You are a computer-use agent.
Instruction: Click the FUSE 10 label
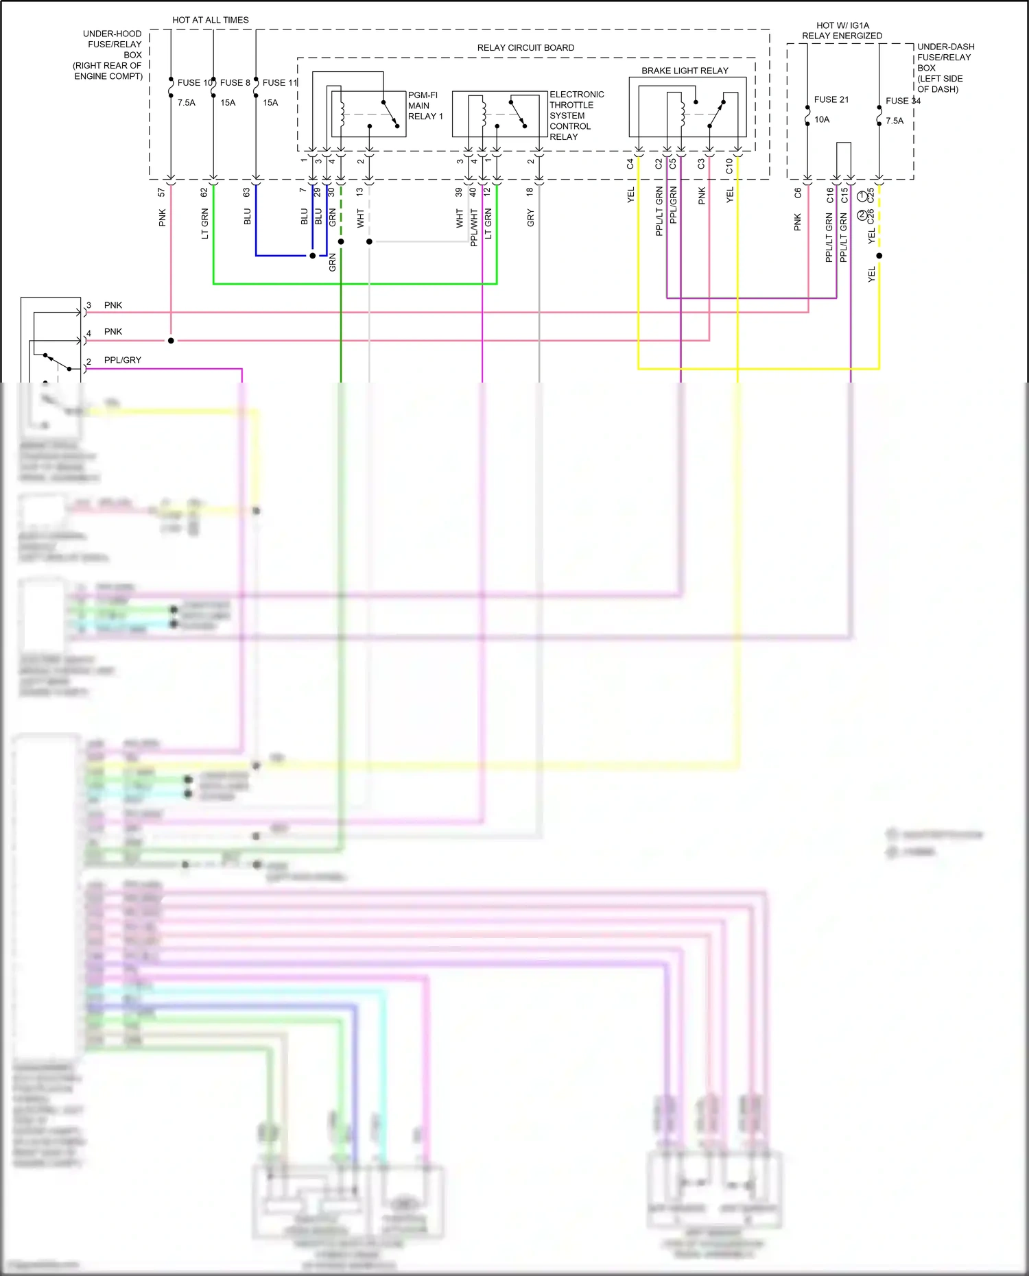[x=195, y=82]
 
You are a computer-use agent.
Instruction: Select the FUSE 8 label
[x=235, y=82]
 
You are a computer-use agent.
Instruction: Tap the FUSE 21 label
[x=831, y=99]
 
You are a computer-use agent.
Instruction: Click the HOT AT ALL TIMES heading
[x=211, y=20]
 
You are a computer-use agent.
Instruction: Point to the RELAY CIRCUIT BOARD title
[x=525, y=47]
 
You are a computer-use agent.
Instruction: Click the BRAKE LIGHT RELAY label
[x=685, y=71]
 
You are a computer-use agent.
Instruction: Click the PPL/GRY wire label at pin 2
[x=122, y=360]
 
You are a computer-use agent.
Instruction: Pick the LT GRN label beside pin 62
[x=204, y=224]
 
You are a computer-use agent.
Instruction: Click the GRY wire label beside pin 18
[x=530, y=219]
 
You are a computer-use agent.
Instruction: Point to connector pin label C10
[x=729, y=165]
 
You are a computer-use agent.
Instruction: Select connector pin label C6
[x=798, y=193]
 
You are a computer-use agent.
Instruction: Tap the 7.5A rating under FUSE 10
[x=186, y=103]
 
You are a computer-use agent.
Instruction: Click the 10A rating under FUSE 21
[x=821, y=119]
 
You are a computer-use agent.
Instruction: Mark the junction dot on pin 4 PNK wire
[x=171, y=341]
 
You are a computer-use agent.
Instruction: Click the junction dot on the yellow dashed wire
[x=879, y=256]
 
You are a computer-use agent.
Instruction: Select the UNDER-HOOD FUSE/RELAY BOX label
[x=110, y=55]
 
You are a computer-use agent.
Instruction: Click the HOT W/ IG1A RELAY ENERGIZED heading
[x=842, y=30]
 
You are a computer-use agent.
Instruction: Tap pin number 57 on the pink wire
[x=162, y=193]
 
